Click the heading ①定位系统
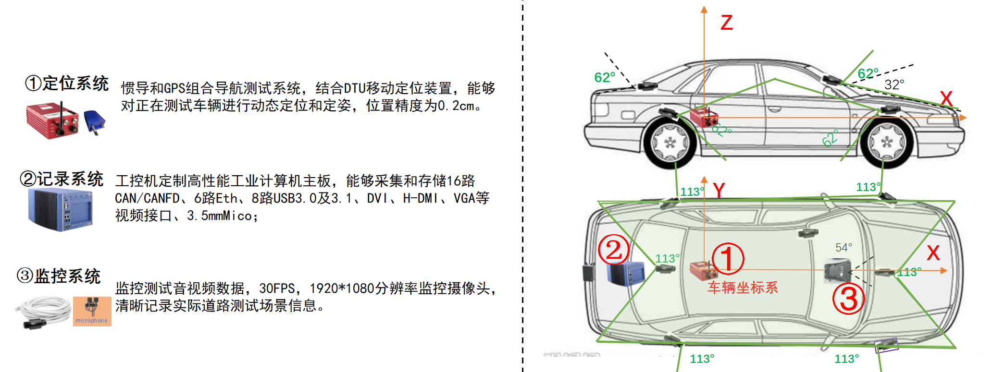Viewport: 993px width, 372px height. (x=67, y=83)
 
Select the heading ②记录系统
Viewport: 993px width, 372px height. (x=62, y=179)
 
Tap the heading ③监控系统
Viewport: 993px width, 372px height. (x=59, y=276)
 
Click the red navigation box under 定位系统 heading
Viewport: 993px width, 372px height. (x=52, y=120)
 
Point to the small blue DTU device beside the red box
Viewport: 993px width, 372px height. (x=94, y=121)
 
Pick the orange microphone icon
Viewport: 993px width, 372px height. (x=92, y=311)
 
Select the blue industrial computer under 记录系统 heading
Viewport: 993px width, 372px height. (x=61, y=210)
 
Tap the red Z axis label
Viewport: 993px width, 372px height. (x=727, y=23)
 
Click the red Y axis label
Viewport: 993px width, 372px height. (x=719, y=191)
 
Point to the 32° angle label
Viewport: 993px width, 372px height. (x=894, y=84)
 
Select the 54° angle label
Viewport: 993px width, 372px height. (x=844, y=247)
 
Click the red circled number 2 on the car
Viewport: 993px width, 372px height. (x=614, y=250)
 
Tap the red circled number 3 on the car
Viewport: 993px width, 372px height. (x=849, y=298)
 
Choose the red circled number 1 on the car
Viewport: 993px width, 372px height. (x=728, y=258)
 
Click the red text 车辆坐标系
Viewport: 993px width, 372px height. (x=743, y=288)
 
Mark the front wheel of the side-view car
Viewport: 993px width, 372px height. (x=887, y=142)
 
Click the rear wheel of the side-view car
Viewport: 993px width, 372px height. (x=669, y=143)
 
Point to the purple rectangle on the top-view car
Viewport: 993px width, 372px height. (x=886, y=345)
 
